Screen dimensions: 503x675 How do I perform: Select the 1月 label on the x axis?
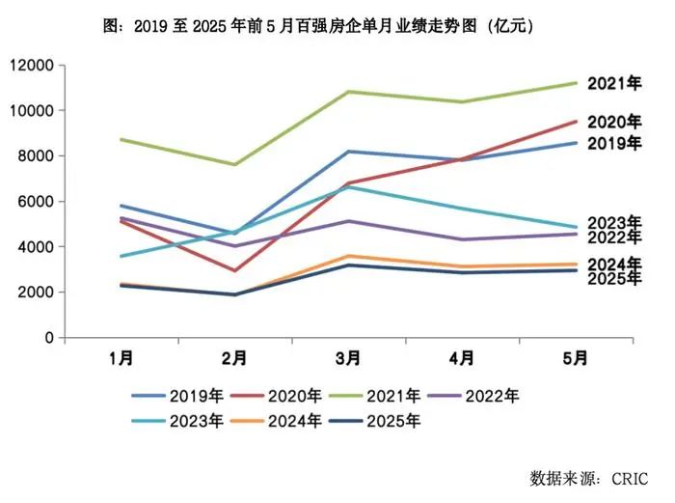pos(121,358)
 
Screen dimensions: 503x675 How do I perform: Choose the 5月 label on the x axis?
pos(576,358)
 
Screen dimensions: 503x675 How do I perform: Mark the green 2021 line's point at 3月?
pos(348,92)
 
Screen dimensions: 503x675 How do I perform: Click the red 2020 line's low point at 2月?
pos(234,270)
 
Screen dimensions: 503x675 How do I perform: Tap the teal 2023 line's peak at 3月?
pos(348,186)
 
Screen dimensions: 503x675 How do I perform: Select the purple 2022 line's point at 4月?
pos(462,239)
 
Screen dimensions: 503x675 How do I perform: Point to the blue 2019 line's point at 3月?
pos(348,152)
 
